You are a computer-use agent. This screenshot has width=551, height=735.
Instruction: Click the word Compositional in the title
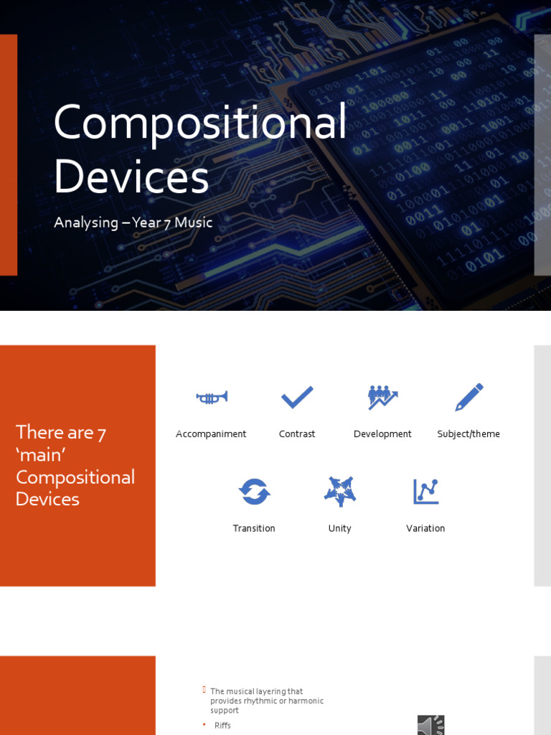[x=199, y=123]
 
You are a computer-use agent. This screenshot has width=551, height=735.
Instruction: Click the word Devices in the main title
[x=131, y=177]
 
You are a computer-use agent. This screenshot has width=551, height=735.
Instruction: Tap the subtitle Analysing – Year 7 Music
[x=133, y=223]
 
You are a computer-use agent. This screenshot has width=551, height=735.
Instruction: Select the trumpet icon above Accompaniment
[x=212, y=398]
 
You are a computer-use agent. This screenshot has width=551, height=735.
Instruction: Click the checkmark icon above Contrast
[x=297, y=397]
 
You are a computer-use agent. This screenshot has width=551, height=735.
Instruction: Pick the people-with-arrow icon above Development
[x=382, y=397]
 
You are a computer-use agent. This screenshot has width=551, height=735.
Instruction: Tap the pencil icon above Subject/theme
[x=469, y=397]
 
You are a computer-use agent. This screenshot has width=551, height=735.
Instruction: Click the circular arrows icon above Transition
[x=254, y=492]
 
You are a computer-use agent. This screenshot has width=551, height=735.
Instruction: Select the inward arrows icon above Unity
[x=340, y=492]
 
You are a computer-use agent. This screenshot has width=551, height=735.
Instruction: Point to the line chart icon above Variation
[x=425, y=492]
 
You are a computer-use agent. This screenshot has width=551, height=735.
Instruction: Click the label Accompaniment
[x=211, y=434]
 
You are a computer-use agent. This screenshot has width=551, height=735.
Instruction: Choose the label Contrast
[x=297, y=434]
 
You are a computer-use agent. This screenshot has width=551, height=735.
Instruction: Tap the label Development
[x=382, y=434]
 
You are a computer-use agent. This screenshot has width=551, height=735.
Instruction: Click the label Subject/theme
[x=468, y=434]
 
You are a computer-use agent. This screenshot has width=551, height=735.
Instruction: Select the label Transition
[x=254, y=528]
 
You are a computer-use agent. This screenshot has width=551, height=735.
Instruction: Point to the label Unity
[x=340, y=528]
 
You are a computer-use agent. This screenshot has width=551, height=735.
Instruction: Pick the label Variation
[x=425, y=528]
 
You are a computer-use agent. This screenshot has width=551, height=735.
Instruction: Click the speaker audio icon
[x=431, y=725]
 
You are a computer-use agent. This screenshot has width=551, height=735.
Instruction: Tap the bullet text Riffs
[x=222, y=726]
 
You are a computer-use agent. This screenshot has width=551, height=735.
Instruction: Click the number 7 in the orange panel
[x=102, y=433]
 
